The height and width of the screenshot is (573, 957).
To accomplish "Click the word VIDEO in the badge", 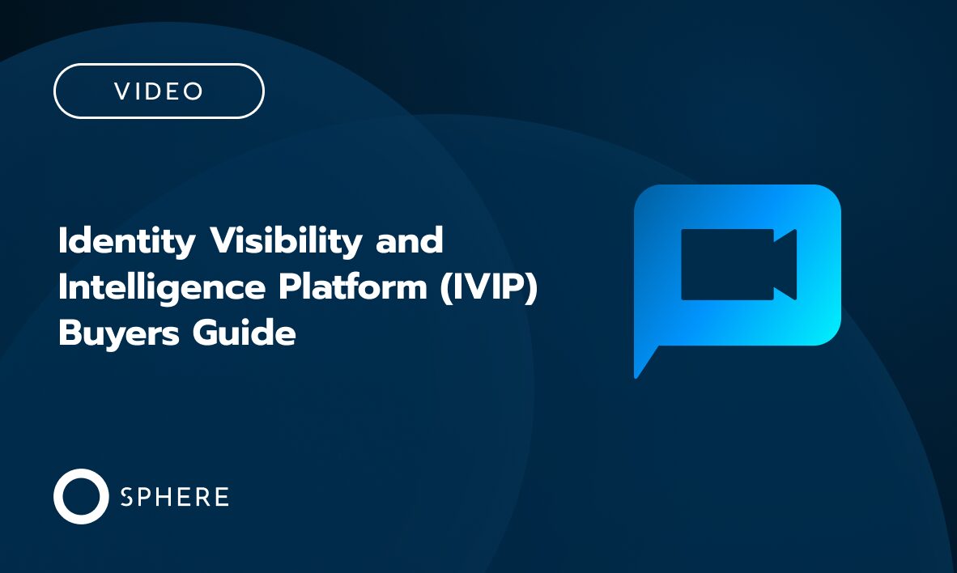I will pos(159,91).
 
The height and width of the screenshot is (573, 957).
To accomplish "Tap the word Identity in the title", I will pos(127,242).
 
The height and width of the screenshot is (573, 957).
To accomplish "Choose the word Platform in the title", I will pos(343,288).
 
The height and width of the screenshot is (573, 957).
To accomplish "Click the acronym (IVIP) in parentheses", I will pos(490,288).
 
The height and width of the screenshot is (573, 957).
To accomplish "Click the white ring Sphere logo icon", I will pos(81,496).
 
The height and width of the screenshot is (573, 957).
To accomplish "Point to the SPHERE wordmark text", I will pos(174,497).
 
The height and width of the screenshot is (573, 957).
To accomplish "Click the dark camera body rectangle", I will pos(727,265).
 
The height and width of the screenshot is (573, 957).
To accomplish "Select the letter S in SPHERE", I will pos(126,497).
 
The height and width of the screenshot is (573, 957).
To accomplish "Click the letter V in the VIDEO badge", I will pos(122,91).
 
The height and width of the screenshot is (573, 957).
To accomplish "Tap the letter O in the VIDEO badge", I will pos(194,91).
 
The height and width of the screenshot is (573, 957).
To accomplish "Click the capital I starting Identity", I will pos(62,242).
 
